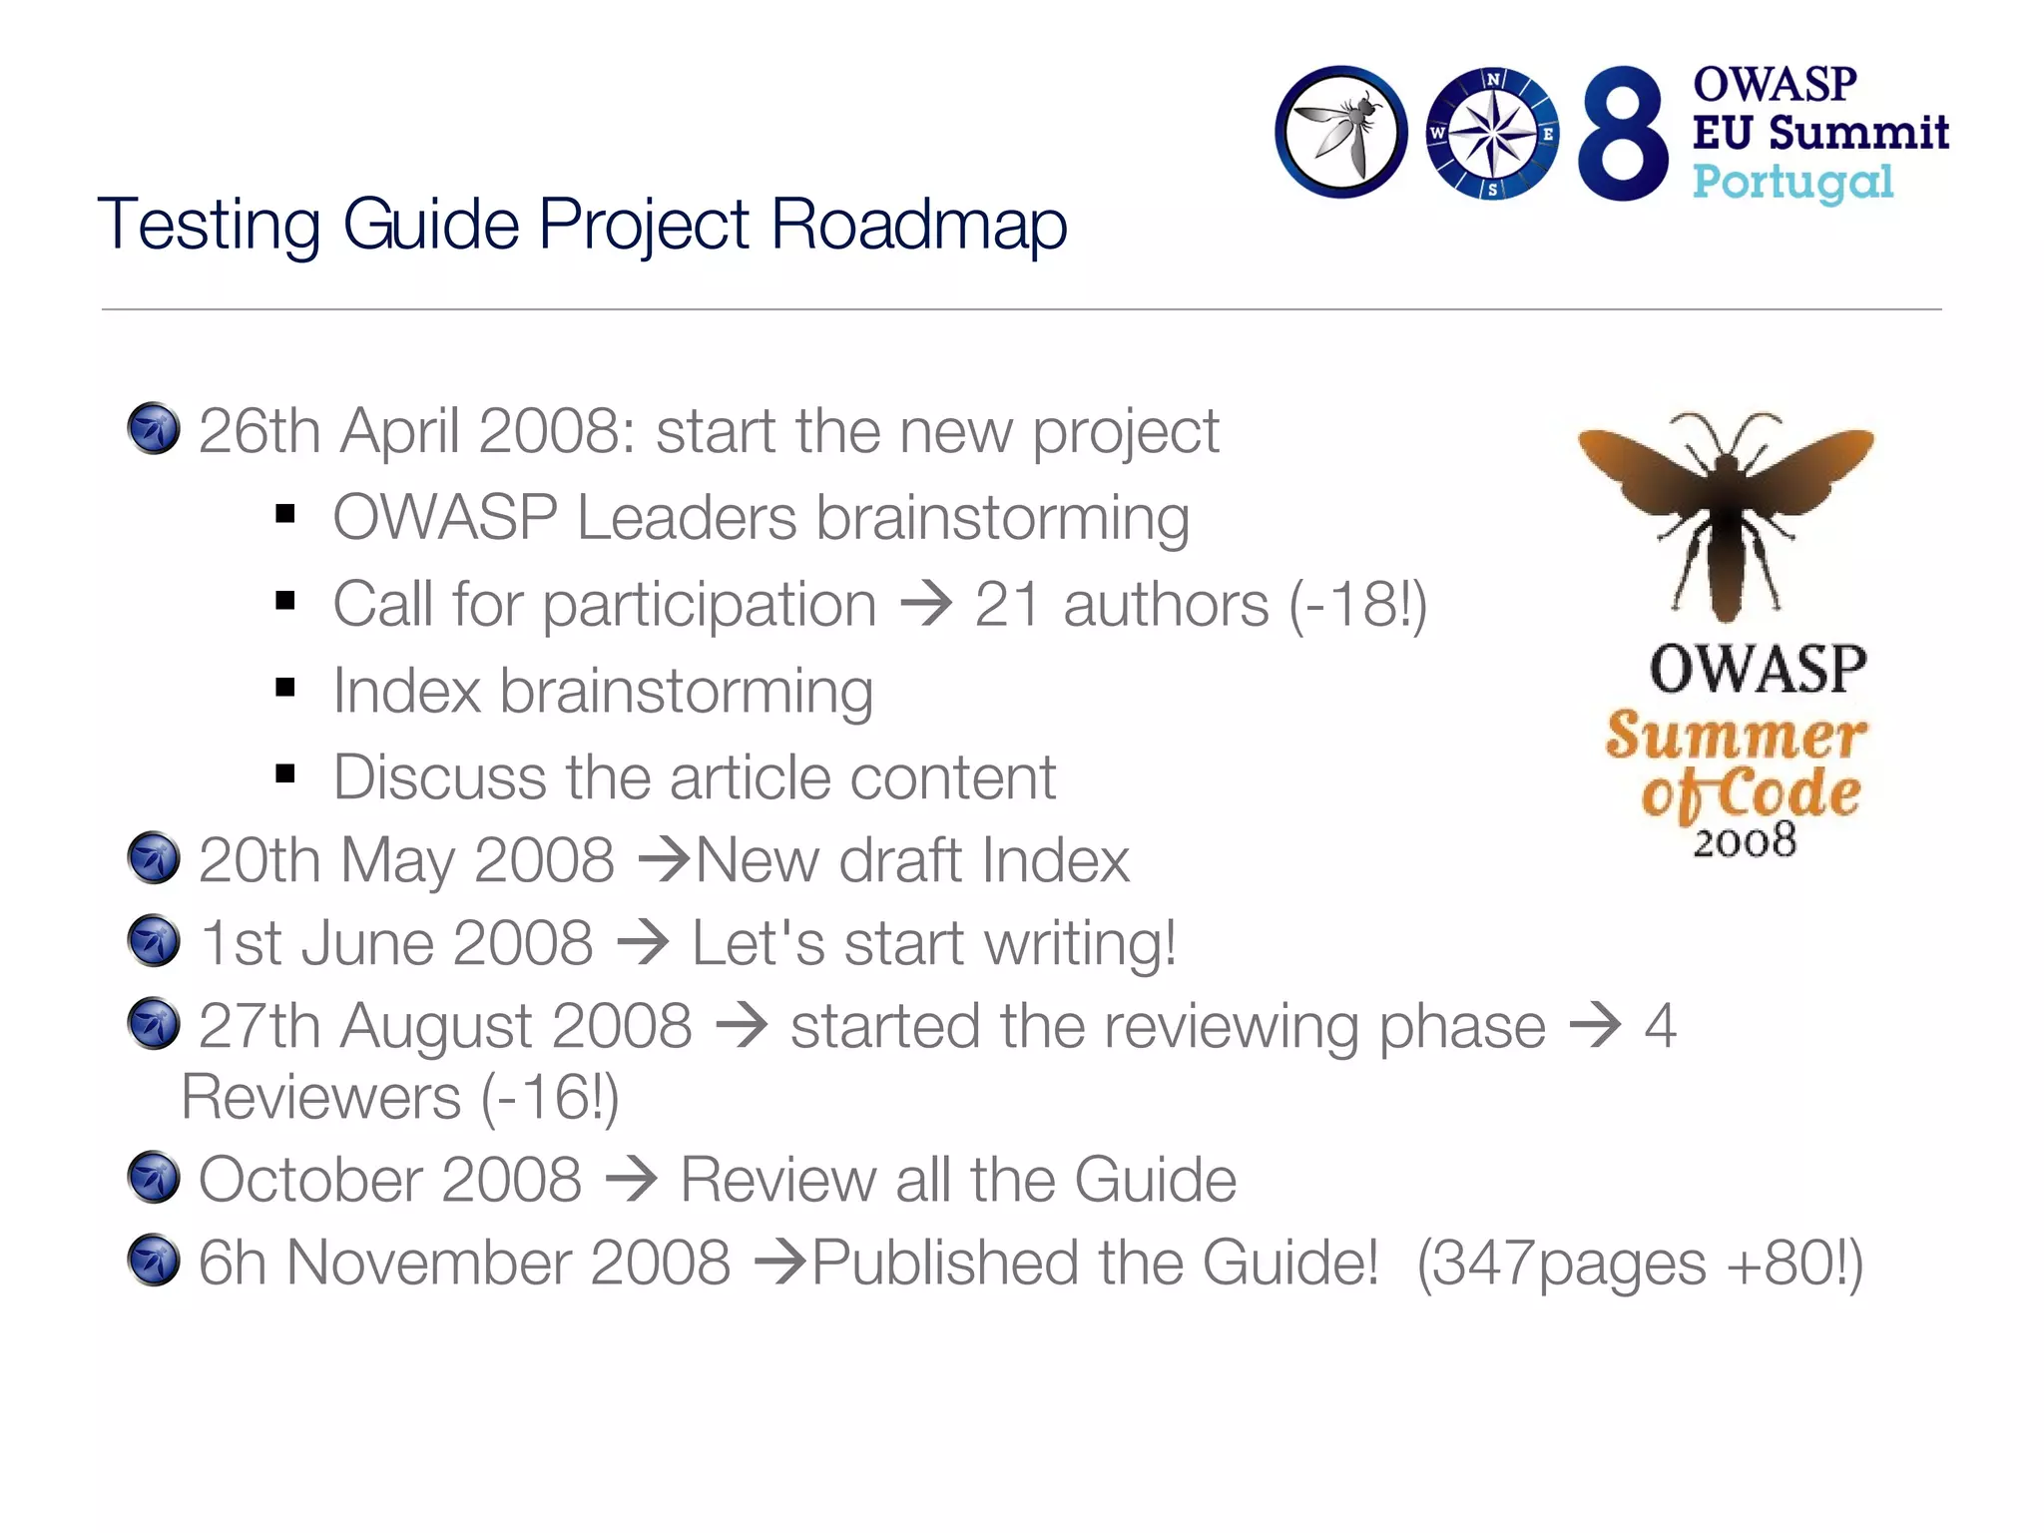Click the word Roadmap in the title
918,225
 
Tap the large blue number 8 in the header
1622,134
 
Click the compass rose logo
1492,134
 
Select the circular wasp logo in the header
1341,133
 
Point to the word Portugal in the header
1792,183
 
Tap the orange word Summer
1736,737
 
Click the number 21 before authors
1008,605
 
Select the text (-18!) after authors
1358,605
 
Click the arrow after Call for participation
926,605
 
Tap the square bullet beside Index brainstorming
286,688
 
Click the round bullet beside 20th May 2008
154,858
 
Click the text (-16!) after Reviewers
550,1098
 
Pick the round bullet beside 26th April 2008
154,429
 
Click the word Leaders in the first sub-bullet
687,518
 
